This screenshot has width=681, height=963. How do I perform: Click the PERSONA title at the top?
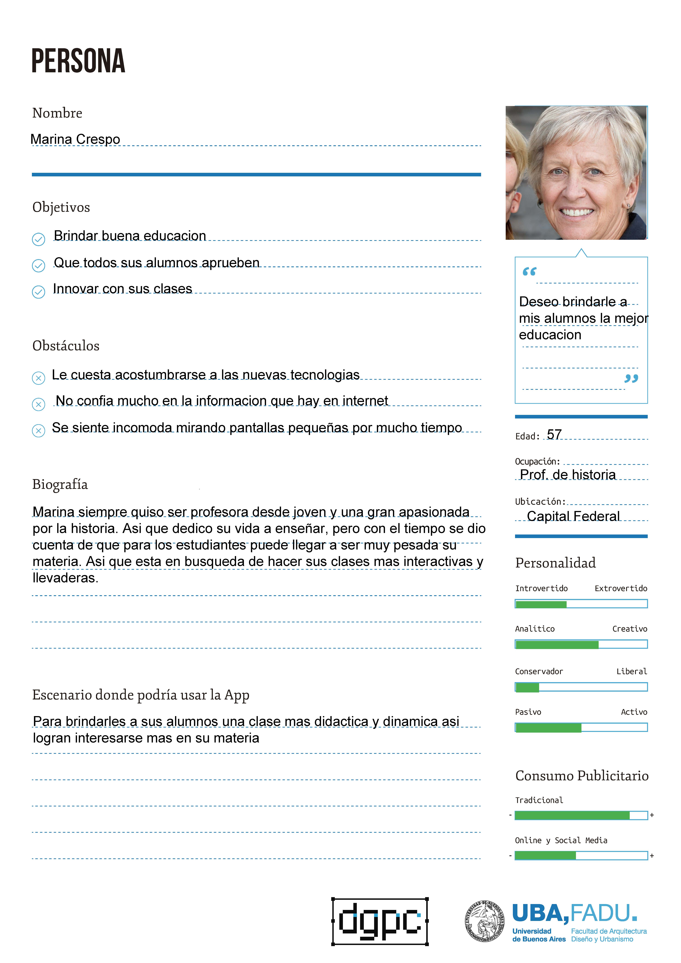tap(79, 61)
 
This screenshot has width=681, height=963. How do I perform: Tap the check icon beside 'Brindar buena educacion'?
tap(39, 239)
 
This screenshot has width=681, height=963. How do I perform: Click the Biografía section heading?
tap(60, 484)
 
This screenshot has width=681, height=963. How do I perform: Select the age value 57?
tap(554, 435)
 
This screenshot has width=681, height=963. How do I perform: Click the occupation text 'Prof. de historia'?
tap(568, 474)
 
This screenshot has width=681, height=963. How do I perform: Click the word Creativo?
tap(629, 629)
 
